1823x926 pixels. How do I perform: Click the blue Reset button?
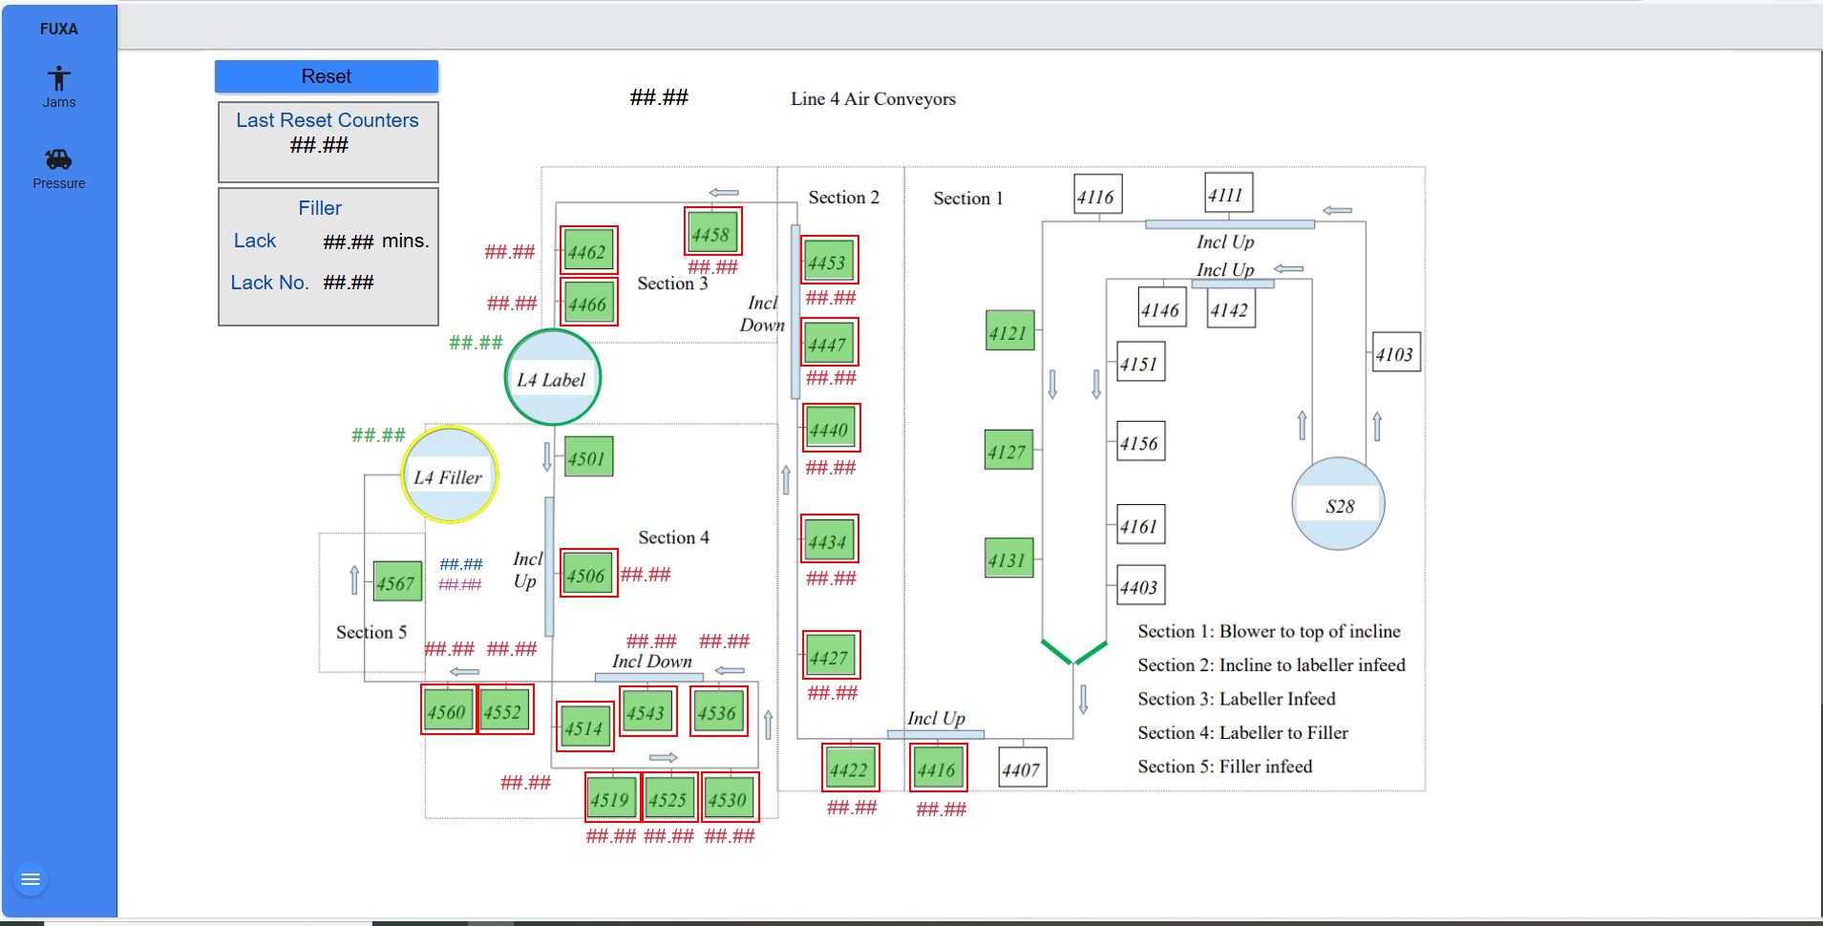326,76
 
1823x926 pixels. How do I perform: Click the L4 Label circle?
552,378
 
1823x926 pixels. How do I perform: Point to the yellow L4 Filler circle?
449,475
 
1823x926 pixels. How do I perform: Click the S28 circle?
1338,505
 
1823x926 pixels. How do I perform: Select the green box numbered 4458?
711,233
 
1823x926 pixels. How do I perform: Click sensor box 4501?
587,457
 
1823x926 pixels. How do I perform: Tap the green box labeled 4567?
396,582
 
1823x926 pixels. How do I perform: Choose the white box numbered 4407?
1021,768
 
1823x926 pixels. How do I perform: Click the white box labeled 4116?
1096,196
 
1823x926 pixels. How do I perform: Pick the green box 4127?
1008,451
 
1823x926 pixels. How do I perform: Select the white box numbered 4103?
1394,353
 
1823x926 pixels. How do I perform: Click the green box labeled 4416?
937,769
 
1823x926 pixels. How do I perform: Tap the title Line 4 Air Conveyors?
873,98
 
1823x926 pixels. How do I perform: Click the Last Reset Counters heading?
327,120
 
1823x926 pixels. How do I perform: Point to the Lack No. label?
269,283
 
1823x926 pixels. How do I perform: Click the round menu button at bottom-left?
31,879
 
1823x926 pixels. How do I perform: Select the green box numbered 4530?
729,799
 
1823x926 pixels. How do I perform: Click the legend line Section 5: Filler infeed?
1224,767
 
